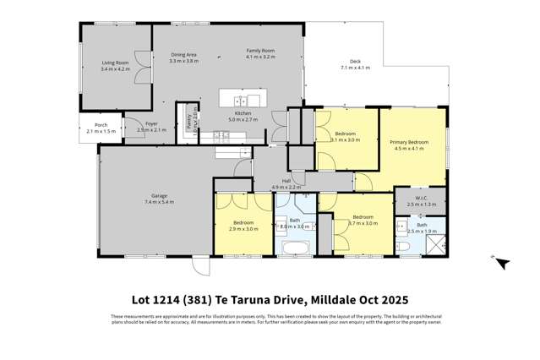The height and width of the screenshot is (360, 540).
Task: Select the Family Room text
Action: (x=260, y=51)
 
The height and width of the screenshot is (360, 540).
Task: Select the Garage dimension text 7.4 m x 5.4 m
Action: (x=158, y=204)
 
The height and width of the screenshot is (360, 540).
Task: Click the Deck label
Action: (x=356, y=62)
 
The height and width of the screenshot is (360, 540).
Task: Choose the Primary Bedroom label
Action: (x=410, y=143)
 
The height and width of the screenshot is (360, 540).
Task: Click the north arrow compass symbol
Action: (x=501, y=263)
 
